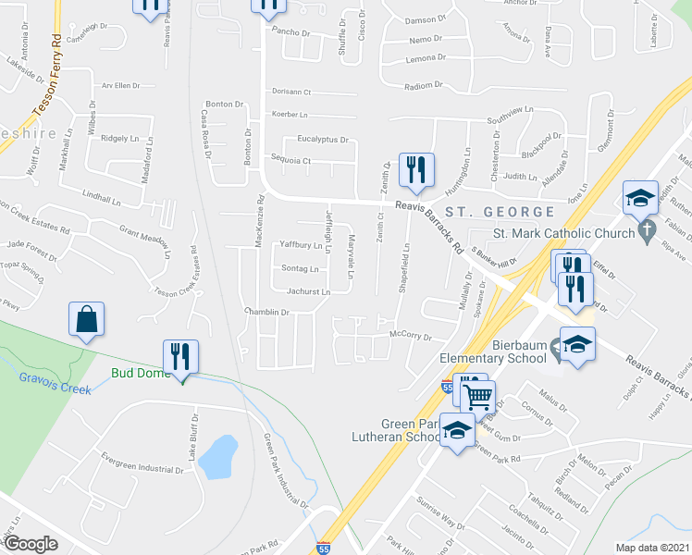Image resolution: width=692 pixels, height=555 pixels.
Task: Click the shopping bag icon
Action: [x=86, y=320]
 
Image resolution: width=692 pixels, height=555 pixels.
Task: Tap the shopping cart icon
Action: [x=478, y=398]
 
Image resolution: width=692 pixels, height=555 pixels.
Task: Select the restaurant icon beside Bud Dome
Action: [x=180, y=356]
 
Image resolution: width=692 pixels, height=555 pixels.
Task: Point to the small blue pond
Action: [x=218, y=457]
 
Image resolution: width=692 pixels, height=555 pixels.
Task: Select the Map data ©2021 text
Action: [x=652, y=548]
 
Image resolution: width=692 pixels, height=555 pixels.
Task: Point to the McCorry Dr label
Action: [x=411, y=336]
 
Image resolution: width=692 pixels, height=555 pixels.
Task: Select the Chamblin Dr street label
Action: [x=267, y=313]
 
